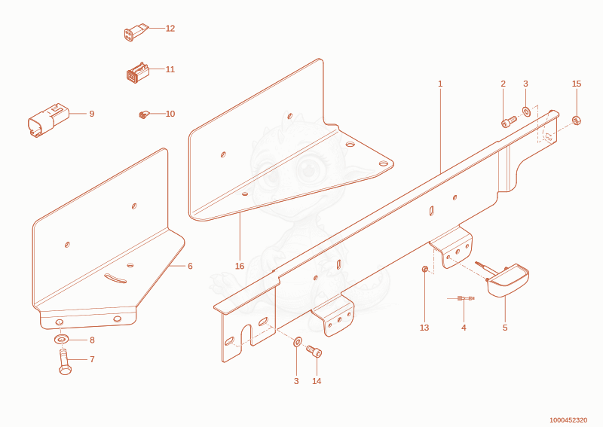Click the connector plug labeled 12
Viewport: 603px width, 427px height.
pos(136,32)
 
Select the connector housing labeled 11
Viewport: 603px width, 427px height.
pos(137,72)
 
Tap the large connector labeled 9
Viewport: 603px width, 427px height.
pos(47,120)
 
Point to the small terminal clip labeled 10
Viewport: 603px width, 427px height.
pos(144,114)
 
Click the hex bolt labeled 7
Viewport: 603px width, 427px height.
pos(65,361)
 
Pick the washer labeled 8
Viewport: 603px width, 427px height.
pos(61,340)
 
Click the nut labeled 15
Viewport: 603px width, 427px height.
pos(576,120)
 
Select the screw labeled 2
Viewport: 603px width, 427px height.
pos(509,121)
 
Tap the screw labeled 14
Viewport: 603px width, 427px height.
pos(314,351)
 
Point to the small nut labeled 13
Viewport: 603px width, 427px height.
pos(425,269)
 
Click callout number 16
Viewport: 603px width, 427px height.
pos(240,266)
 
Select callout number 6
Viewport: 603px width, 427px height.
pos(190,266)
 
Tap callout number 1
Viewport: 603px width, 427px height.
pos(440,84)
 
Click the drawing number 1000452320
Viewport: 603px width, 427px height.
pos(568,420)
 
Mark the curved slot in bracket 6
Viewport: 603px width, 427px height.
pos(115,278)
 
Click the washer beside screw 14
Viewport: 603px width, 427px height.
pos(297,342)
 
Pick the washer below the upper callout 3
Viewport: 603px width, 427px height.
pos(526,111)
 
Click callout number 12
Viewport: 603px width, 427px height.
pos(170,29)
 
